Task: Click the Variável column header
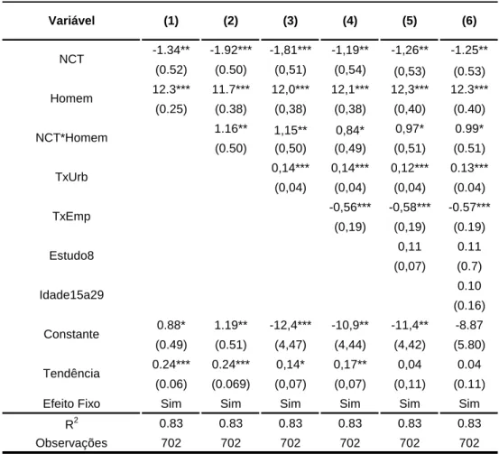(71, 21)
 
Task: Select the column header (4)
(350, 21)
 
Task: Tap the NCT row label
(71, 60)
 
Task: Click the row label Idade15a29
(71, 295)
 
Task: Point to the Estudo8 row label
(71, 255)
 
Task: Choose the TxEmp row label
(71, 217)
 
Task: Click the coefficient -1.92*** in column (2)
(231, 50)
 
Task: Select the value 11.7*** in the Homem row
(231, 89)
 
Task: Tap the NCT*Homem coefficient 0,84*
(350, 130)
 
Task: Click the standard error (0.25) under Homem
(171, 109)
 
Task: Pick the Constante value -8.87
(469, 325)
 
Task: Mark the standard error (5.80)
(469, 345)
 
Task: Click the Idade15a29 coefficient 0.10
(469, 286)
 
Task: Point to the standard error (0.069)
(231, 384)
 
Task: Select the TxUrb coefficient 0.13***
(469, 168)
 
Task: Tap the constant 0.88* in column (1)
(171, 325)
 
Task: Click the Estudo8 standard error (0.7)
(469, 266)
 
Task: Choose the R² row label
(71, 423)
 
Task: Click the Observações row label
(71, 443)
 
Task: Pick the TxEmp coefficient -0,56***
(350, 208)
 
